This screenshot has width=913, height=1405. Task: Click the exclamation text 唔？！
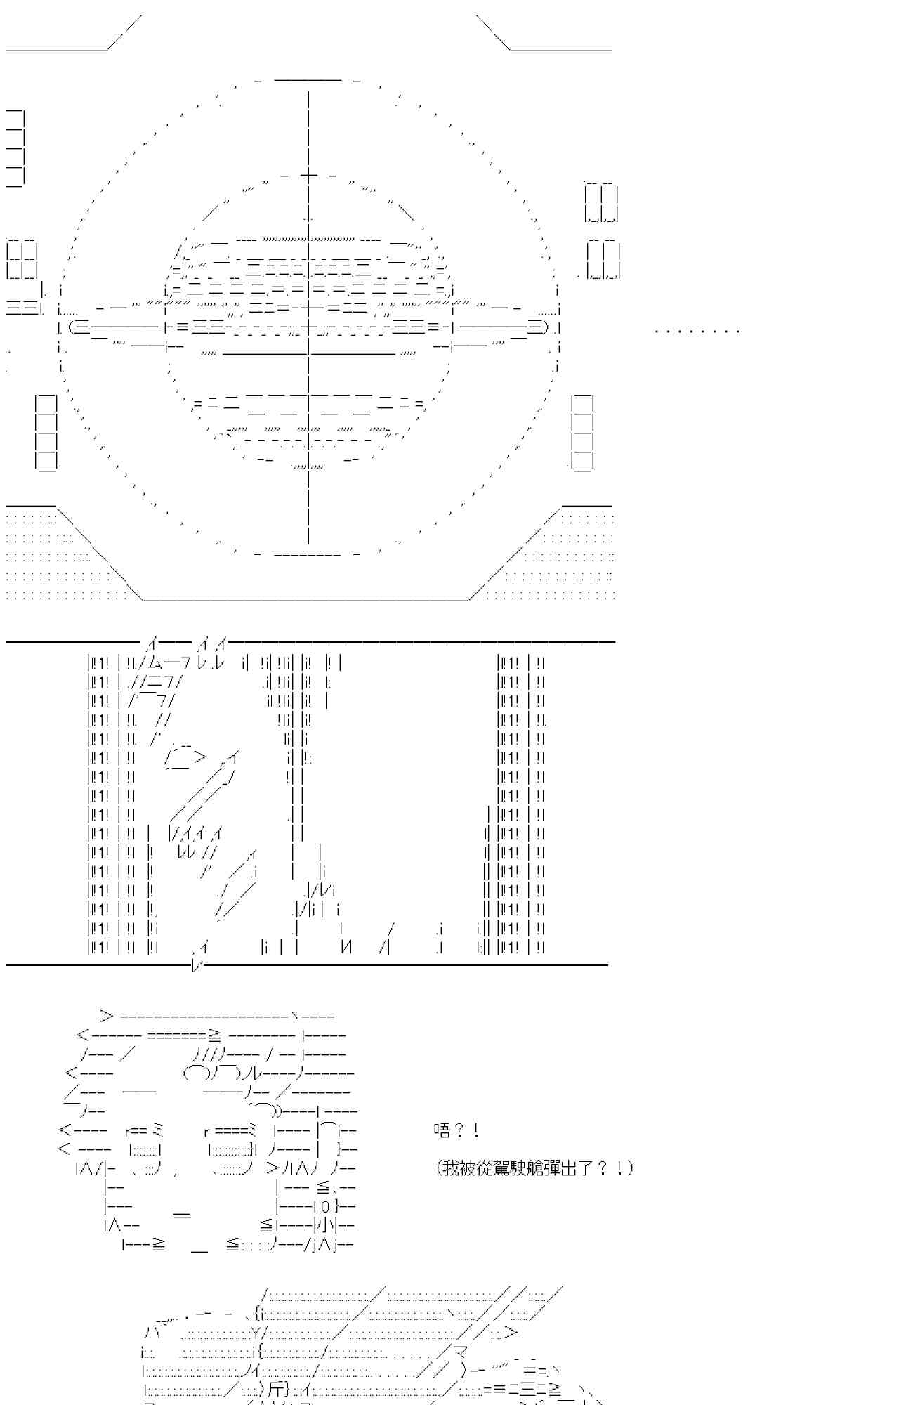(x=456, y=1130)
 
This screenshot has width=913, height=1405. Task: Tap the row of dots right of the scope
(x=697, y=330)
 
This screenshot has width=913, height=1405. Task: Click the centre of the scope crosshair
(x=308, y=327)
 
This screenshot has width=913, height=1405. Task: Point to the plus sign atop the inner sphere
(x=308, y=176)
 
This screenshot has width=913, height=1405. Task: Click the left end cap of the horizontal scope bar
(x=79, y=327)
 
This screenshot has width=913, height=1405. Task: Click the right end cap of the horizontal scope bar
(x=538, y=327)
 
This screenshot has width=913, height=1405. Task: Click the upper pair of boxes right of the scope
(x=601, y=203)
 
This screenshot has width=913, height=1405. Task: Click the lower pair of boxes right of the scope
(x=603, y=260)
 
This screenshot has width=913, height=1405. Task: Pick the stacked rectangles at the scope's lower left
(x=46, y=432)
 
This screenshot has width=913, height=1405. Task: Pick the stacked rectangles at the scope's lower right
(x=582, y=432)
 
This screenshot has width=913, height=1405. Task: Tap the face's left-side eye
(x=147, y=1150)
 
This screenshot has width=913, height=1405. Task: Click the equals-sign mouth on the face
(x=182, y=1215)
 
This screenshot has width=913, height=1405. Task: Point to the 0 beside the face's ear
(x=325, y=1207)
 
